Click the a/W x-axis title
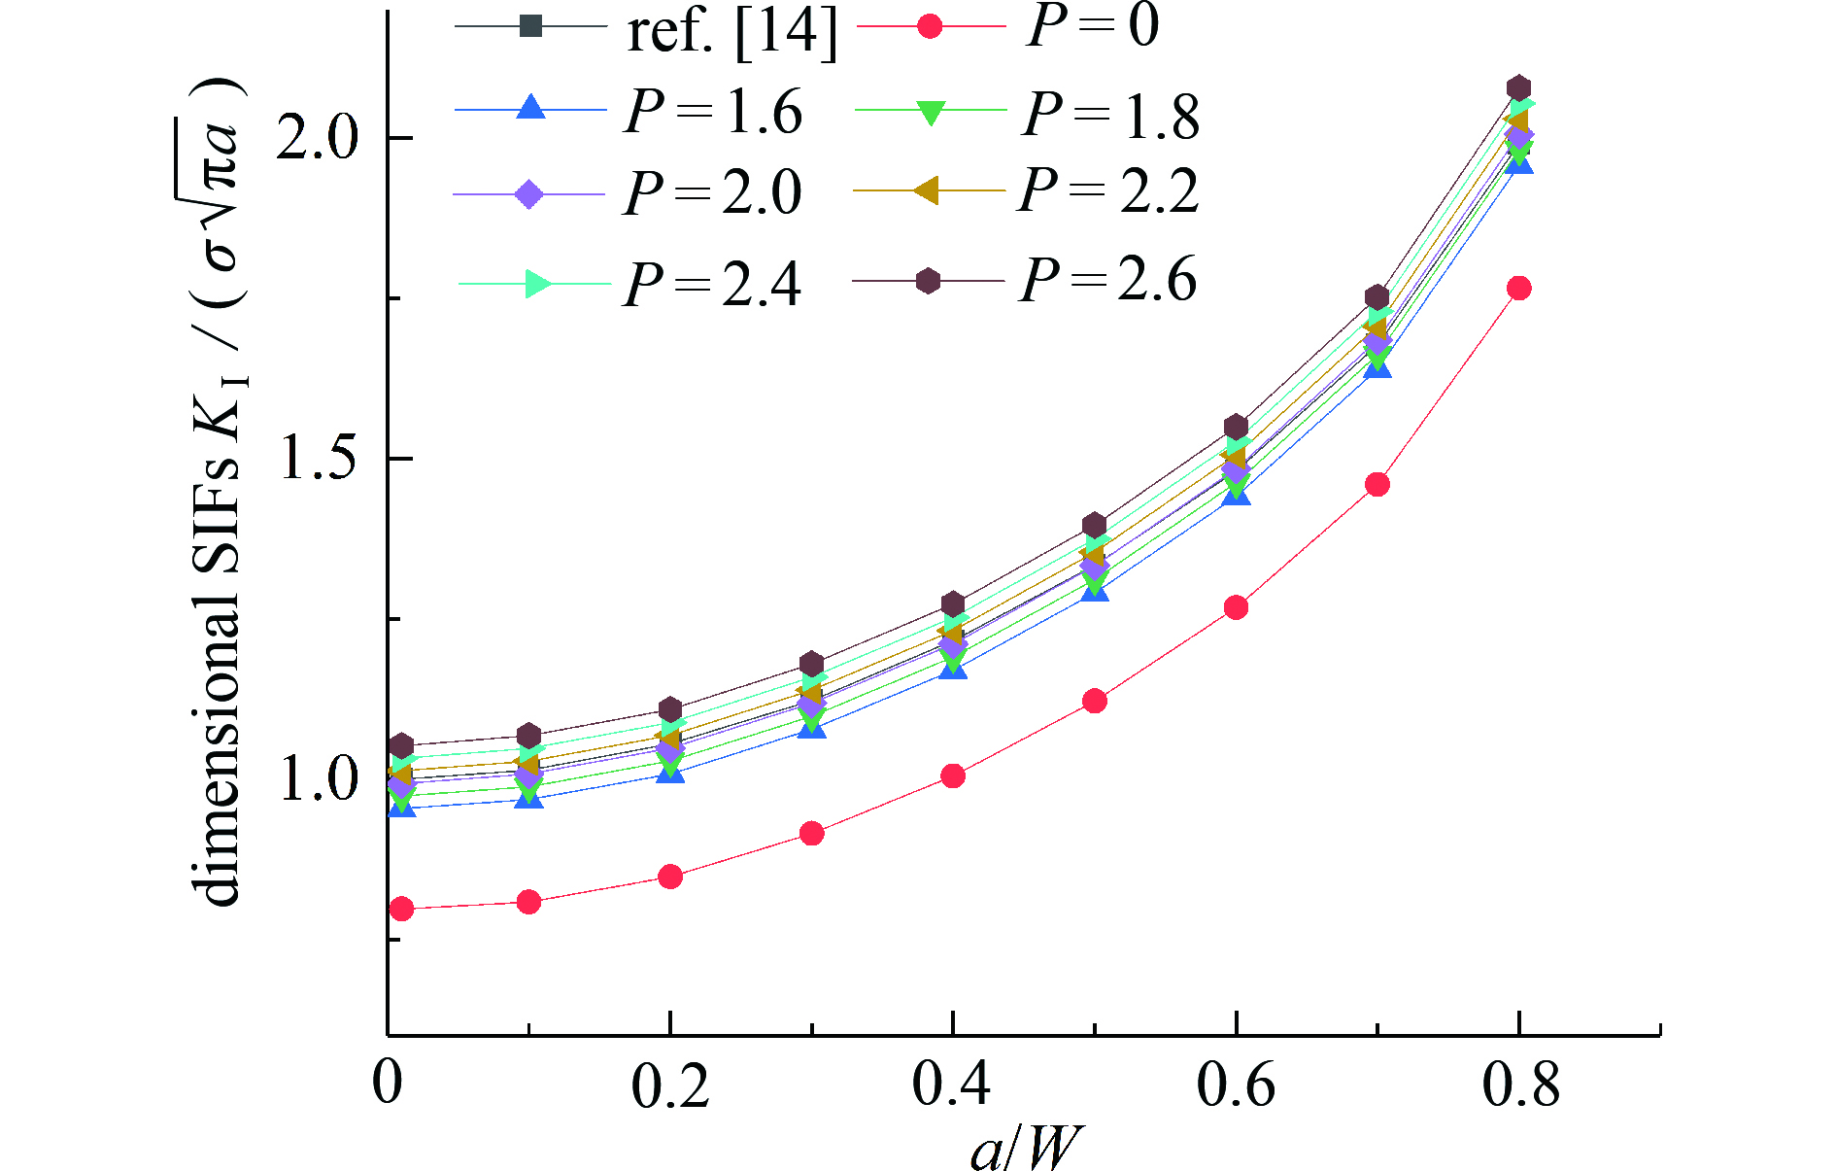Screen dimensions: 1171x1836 1025,1148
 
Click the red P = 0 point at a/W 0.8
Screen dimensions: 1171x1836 1518,288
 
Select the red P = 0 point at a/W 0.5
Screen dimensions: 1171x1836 1095,701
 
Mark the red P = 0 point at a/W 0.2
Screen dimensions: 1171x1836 669,877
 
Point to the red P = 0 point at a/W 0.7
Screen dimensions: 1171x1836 1377,484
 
